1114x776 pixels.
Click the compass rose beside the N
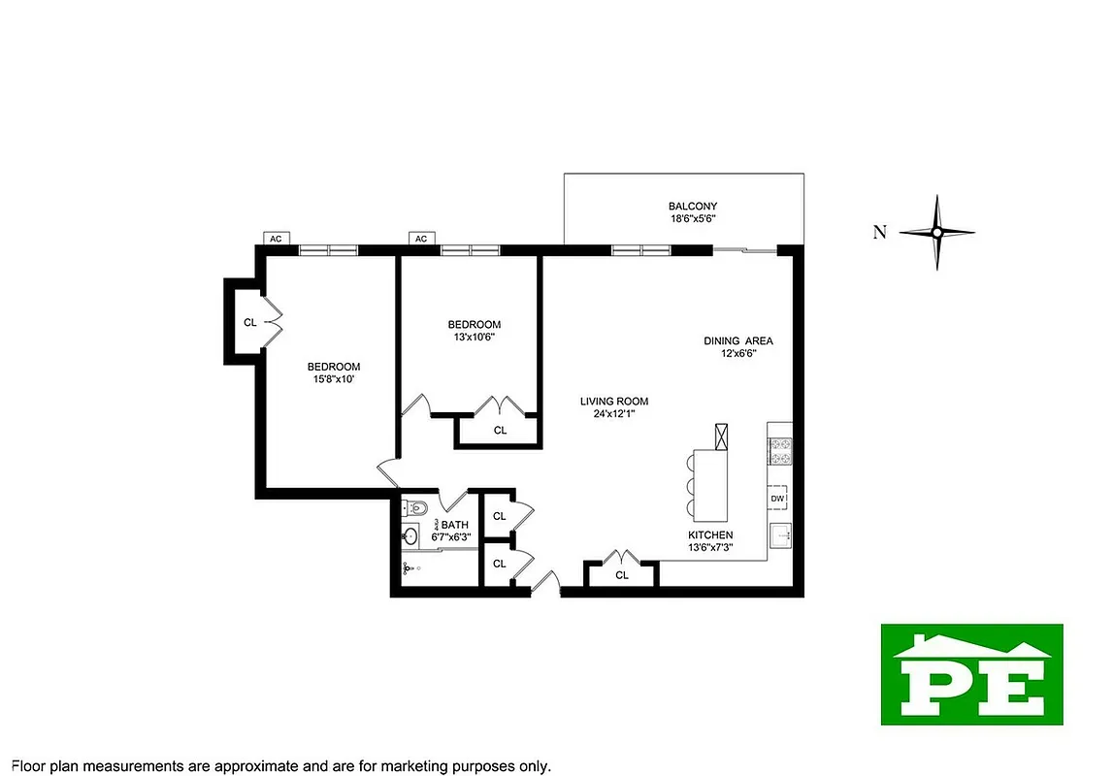(936, 232)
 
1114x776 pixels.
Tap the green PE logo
(971, 674)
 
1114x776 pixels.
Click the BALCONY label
(692, 206)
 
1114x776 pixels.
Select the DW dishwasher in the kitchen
(778, 499)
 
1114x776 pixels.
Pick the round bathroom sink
(410, 535)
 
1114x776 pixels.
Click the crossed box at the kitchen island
(723, 437)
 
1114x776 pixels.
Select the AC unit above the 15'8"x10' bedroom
(276, 238)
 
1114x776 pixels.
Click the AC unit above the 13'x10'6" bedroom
(421, 238)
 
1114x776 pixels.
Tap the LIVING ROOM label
(614, 402)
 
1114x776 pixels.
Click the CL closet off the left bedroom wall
(249, 322)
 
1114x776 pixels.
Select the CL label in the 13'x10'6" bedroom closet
(500, 430)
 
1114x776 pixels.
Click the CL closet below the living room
(622, 575)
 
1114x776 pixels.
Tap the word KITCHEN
(710, 534)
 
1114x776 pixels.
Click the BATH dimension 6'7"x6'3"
(451, 536)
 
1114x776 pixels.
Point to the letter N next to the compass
(879, 232)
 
